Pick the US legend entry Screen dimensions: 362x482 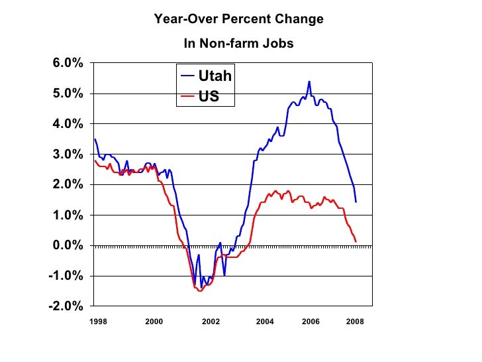(x=209, y=97)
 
